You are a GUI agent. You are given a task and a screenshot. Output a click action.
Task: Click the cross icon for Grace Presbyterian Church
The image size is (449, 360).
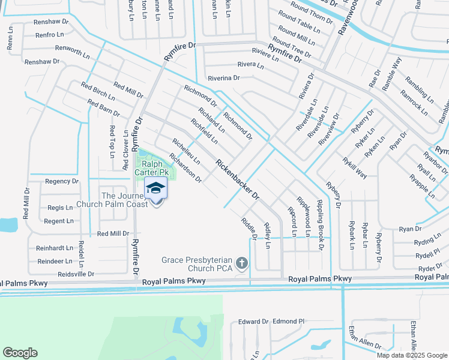click(x=242, y=263)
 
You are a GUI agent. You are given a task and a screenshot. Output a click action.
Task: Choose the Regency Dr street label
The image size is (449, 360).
click(x=62, y=181)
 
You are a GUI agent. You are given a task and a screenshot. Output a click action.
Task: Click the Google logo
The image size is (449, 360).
click(x=20, y=352)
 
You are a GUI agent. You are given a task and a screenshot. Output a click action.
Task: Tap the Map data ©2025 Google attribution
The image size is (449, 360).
click(x=412, y=355)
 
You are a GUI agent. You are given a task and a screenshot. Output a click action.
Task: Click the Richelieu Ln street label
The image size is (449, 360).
click(x=185, y=152)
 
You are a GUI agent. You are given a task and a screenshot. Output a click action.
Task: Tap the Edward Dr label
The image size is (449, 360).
click(x=253, y=322)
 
